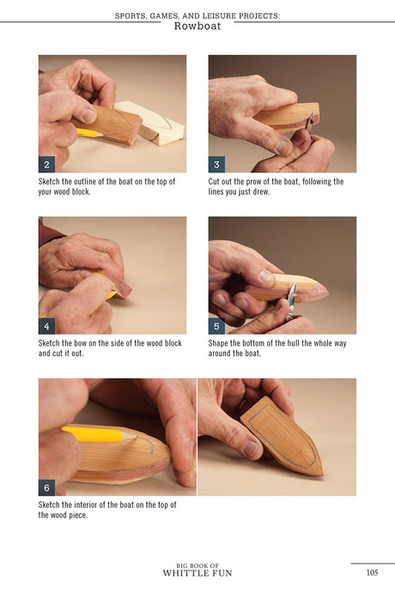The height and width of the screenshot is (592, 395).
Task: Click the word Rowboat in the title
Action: tap(197, 26)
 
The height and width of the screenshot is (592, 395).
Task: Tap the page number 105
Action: tap(372, 572)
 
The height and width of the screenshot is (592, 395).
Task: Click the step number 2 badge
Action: tap(46, 165)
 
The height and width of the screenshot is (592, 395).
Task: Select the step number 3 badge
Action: tap(216, 165)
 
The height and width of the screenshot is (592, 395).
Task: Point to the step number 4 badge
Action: tap(46, 326)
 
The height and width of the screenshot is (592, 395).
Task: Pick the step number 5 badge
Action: tap(216, 326)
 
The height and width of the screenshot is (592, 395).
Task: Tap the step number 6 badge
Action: tap(46, 488)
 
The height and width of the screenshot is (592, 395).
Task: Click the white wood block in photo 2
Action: tap(155, 123)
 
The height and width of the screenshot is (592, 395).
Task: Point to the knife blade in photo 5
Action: tap(291, 299)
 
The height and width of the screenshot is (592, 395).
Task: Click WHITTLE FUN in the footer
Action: tap(197, 573)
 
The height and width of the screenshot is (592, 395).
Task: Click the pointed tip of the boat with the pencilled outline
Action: tap(322, 474)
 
